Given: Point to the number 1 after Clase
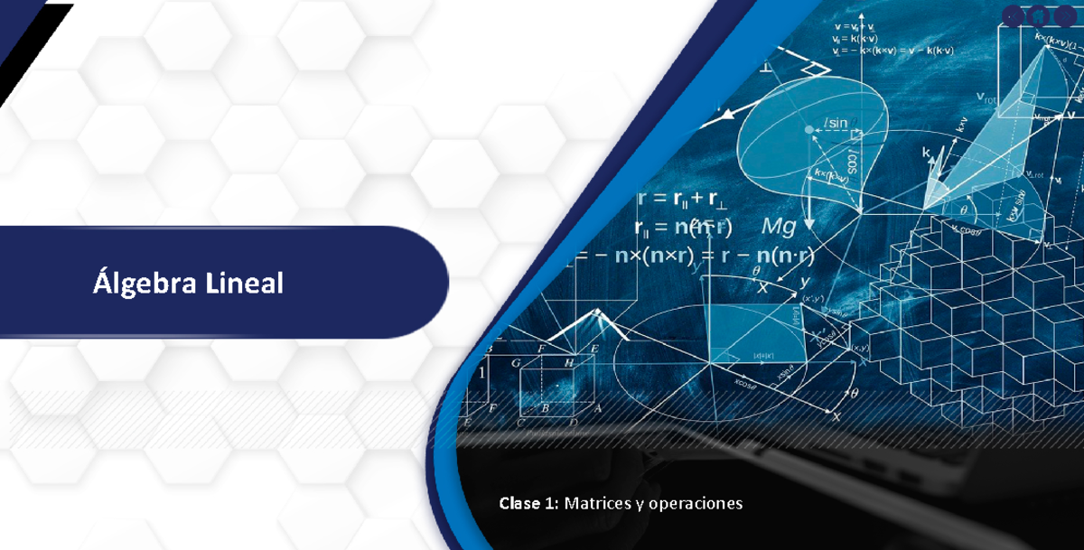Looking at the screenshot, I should pyautogui.click(x=552, y=502).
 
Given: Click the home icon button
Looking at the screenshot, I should pyautogui.click(x=1040, y=15).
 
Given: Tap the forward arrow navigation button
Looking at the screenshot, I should pyautogui.click(x=1066, y=15).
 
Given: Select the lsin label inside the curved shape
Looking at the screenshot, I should pyautogui.click(x=836, y=123).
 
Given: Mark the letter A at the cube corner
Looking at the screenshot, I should pyautogui.click(x=597, y=407).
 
